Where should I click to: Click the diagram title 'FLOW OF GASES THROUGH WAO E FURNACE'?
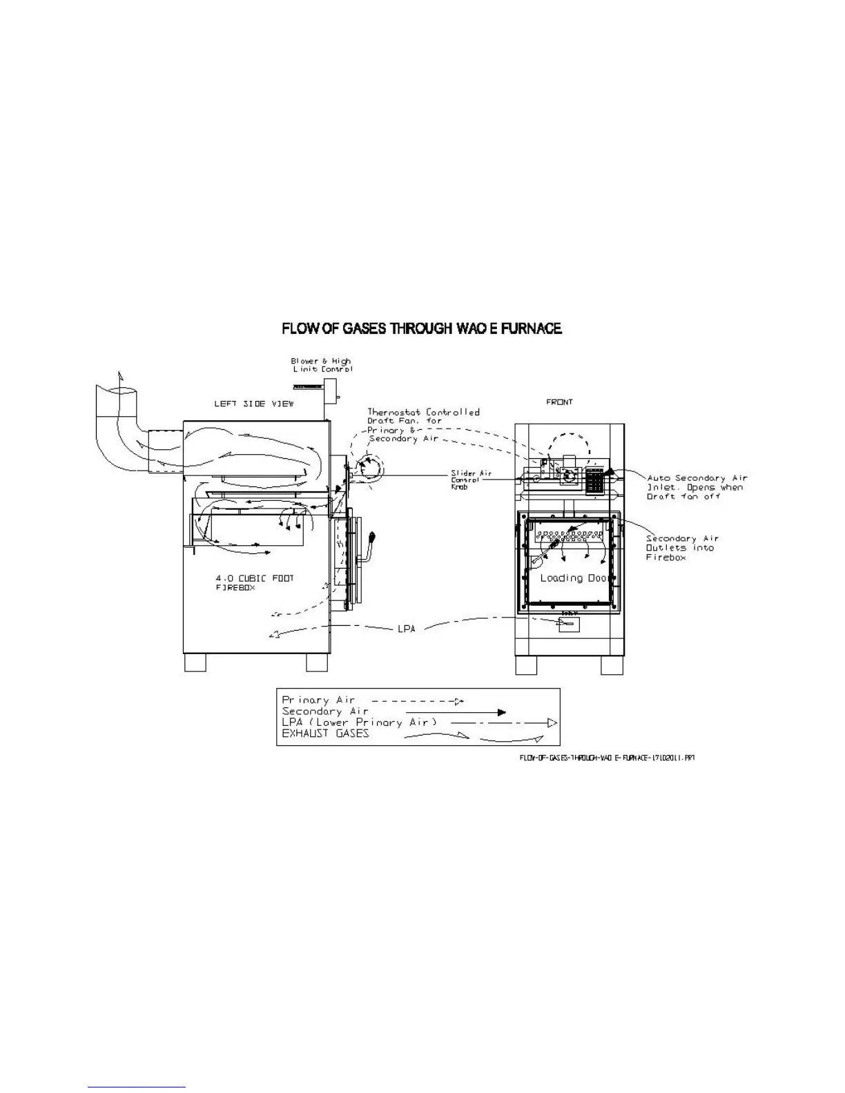[x=421, y=329]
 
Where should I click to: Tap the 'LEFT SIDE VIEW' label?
[x=253, y=404]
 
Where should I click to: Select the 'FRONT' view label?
[x=559, y=402]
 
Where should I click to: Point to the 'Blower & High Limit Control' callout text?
[x=321, y=365]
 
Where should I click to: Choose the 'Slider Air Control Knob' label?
[x=471, y=480]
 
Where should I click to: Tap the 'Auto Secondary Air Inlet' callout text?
[x=697, y=486]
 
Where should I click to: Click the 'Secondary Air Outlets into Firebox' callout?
[x=682, y=548]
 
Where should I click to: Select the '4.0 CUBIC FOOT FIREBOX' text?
[x=255, y=582]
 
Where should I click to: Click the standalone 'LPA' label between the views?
[x=407, y=629]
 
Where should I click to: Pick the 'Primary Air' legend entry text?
[x=318, y=700]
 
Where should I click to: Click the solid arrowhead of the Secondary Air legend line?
[x=502, y=712]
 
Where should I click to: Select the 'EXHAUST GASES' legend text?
[x=325, y=733]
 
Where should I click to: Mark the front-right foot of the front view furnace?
[x=612, y=664]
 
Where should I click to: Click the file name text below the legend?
[x=606, y=757]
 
